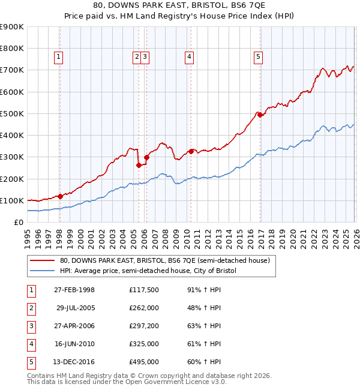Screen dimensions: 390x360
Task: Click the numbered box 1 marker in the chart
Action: click(59, 57)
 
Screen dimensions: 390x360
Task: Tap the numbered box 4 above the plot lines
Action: click(189, 57)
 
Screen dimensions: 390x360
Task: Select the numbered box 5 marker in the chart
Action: click(258, 57)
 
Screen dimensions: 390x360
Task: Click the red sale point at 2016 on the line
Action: click(260, 115)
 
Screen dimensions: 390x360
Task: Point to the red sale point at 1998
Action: click(60, 196)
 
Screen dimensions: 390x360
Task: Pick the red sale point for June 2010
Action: click(191, 151)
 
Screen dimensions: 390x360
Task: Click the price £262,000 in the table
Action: click(143, 308)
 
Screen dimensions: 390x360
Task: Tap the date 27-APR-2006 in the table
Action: click(74, 326)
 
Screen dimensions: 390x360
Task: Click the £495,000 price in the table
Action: click(143, 362)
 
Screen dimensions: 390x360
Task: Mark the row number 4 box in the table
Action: click(30, 344)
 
